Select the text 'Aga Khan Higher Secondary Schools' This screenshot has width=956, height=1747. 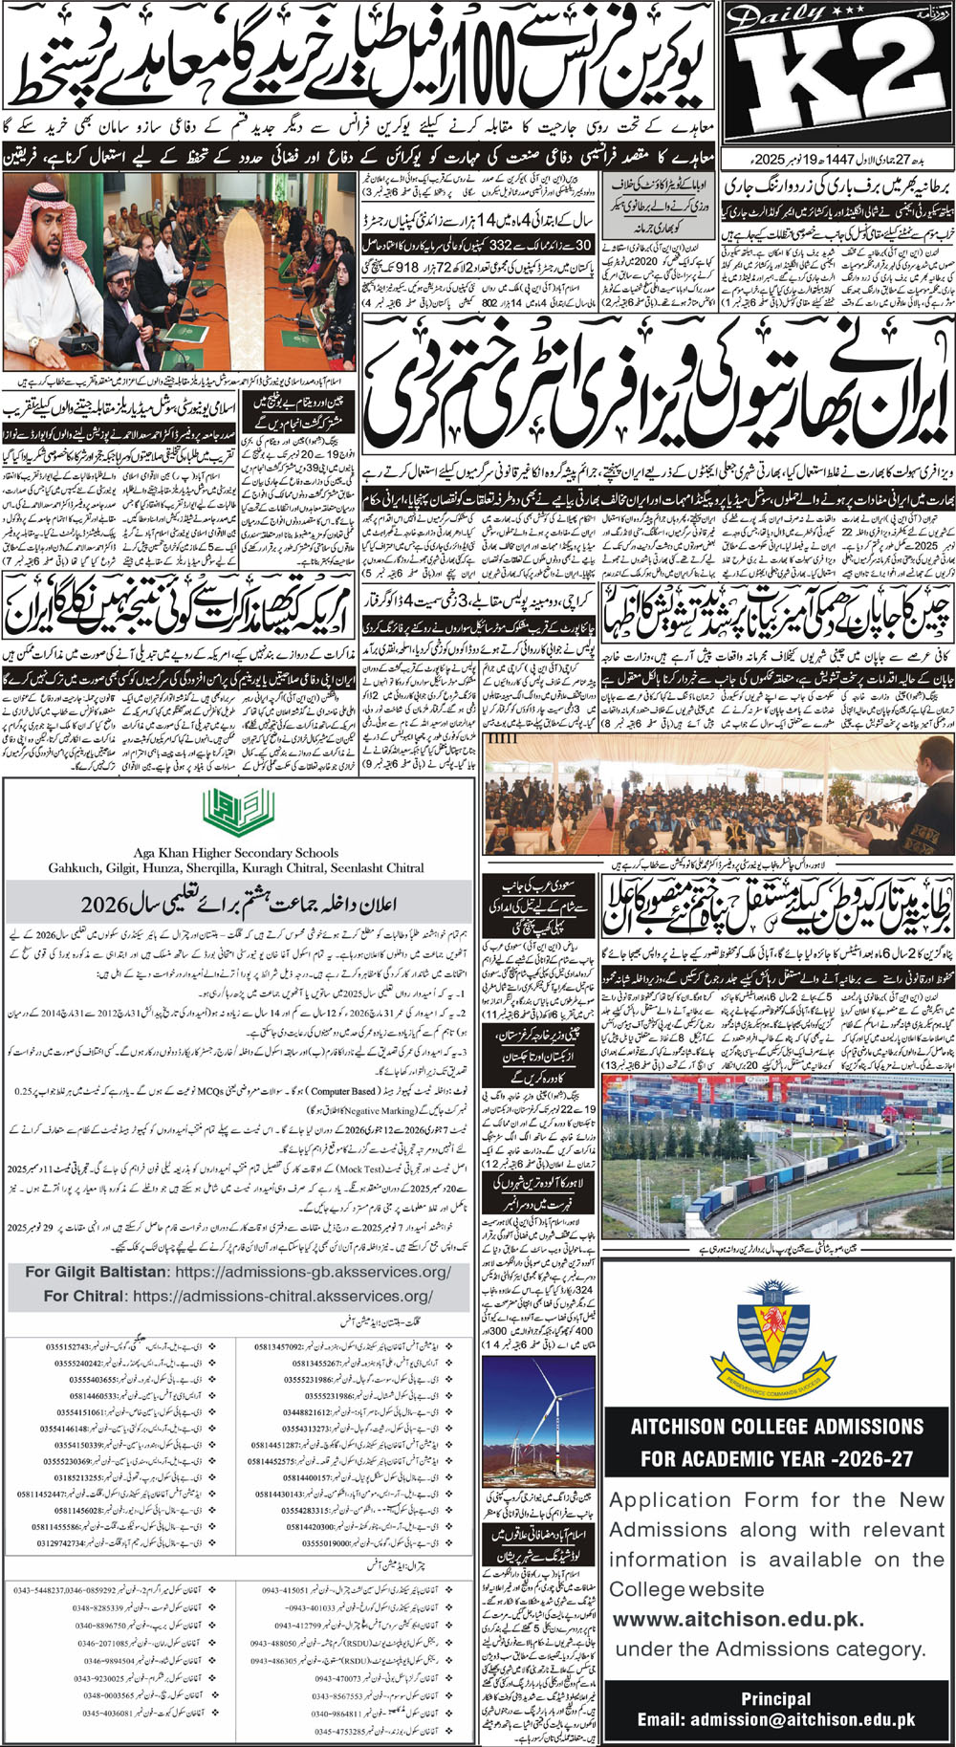(x=236, y=852)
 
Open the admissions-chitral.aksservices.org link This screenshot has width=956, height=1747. (x=283, y=1296)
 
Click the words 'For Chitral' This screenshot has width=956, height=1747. (x=85, y=1296)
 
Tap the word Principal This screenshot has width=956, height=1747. (x=775, y=1699)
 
